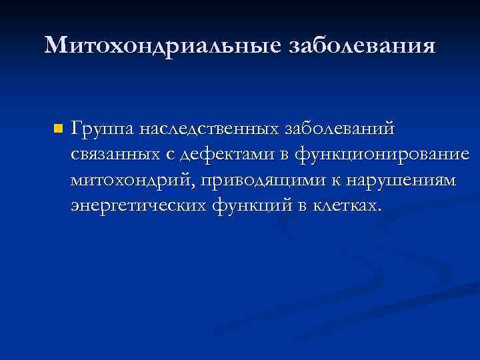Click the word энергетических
pyautogui.click(x=137, y=207)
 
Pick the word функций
pyautogui.click(x=252, y=207)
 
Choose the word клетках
pyautogui.click(x=346, y=206)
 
